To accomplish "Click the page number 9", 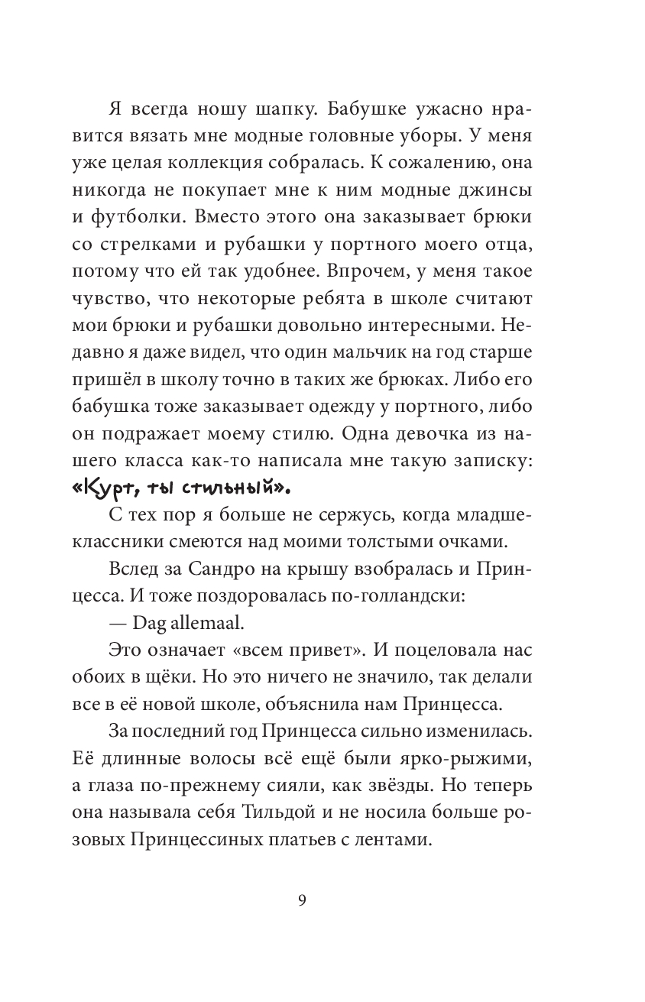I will tap(302, 900).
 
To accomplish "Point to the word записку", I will tap(489, 461).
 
